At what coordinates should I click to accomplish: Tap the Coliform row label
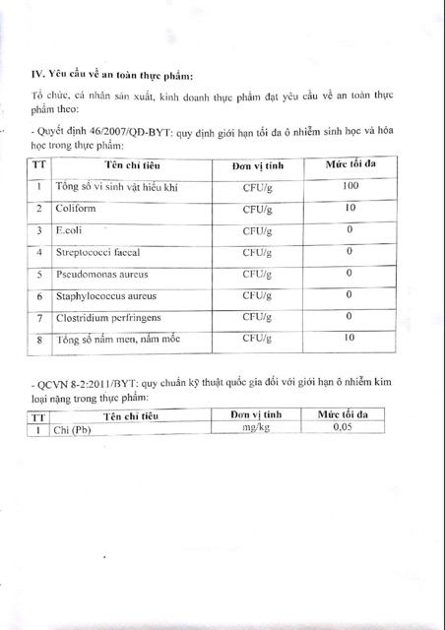[x=77, y=210]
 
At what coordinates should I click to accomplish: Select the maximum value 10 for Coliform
[x=349, y=208]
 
